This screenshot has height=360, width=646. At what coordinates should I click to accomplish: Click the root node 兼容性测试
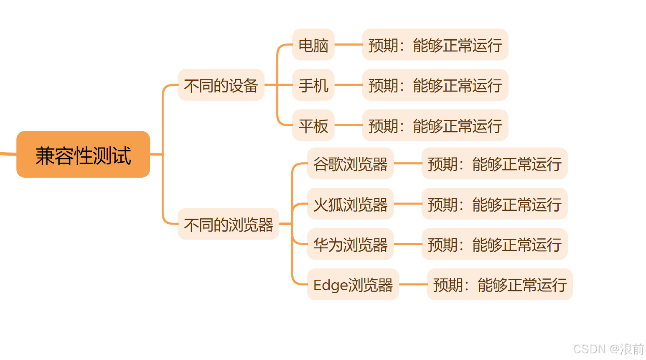(83, 155)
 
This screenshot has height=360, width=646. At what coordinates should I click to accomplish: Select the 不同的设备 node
(221, 85)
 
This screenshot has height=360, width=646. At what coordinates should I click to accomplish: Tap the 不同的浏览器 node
(228, 224)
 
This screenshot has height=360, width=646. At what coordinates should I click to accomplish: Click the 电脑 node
(313, 45)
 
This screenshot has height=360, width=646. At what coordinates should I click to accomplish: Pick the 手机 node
(313, 85)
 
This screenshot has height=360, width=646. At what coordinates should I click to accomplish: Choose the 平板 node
(313, 125)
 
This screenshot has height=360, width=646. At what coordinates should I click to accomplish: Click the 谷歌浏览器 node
(350, 164)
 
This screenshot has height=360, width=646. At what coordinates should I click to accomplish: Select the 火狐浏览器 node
(350, 204)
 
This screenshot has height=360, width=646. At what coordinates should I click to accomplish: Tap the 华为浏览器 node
(350, 244)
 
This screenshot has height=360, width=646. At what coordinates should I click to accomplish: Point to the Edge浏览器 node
(353, 284)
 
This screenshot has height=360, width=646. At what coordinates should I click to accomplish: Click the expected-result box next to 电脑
(435, 45)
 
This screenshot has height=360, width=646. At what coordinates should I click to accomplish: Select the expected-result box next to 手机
(435, 85)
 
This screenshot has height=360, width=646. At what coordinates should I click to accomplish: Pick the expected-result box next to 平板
(435, 125)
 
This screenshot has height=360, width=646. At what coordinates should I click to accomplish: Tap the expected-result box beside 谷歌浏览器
(494, 164)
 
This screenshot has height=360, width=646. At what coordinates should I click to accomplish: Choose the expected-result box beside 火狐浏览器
(494, 204)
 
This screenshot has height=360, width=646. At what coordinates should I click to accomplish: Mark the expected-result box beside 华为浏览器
(494, 244)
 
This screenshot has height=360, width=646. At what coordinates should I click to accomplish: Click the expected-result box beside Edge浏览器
(500, 284)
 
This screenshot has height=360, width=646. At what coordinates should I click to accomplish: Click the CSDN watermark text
(608, 349)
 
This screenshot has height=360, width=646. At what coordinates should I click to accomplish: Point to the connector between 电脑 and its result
(348, 44)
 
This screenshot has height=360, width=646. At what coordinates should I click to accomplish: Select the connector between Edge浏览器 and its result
(413, 284)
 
